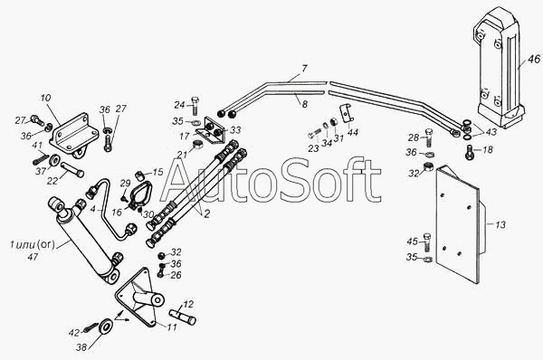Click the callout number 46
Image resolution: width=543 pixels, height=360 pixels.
534,59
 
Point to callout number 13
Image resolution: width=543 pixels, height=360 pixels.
500,224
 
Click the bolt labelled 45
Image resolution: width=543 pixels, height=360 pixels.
428,242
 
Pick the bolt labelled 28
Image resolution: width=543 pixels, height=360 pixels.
428,137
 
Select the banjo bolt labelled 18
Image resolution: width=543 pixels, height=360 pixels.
469,152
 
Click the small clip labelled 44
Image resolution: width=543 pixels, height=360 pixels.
348,112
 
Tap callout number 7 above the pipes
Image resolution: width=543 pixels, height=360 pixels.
303,69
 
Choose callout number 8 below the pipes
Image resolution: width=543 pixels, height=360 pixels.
304,104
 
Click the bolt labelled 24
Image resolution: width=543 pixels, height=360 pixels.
195,106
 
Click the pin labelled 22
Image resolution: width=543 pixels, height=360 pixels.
72,170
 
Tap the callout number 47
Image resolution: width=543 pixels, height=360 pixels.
33,258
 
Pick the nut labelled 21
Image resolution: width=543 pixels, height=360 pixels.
198,146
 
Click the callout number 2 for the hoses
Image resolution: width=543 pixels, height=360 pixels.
206,213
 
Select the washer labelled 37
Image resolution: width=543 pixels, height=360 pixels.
54,161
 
